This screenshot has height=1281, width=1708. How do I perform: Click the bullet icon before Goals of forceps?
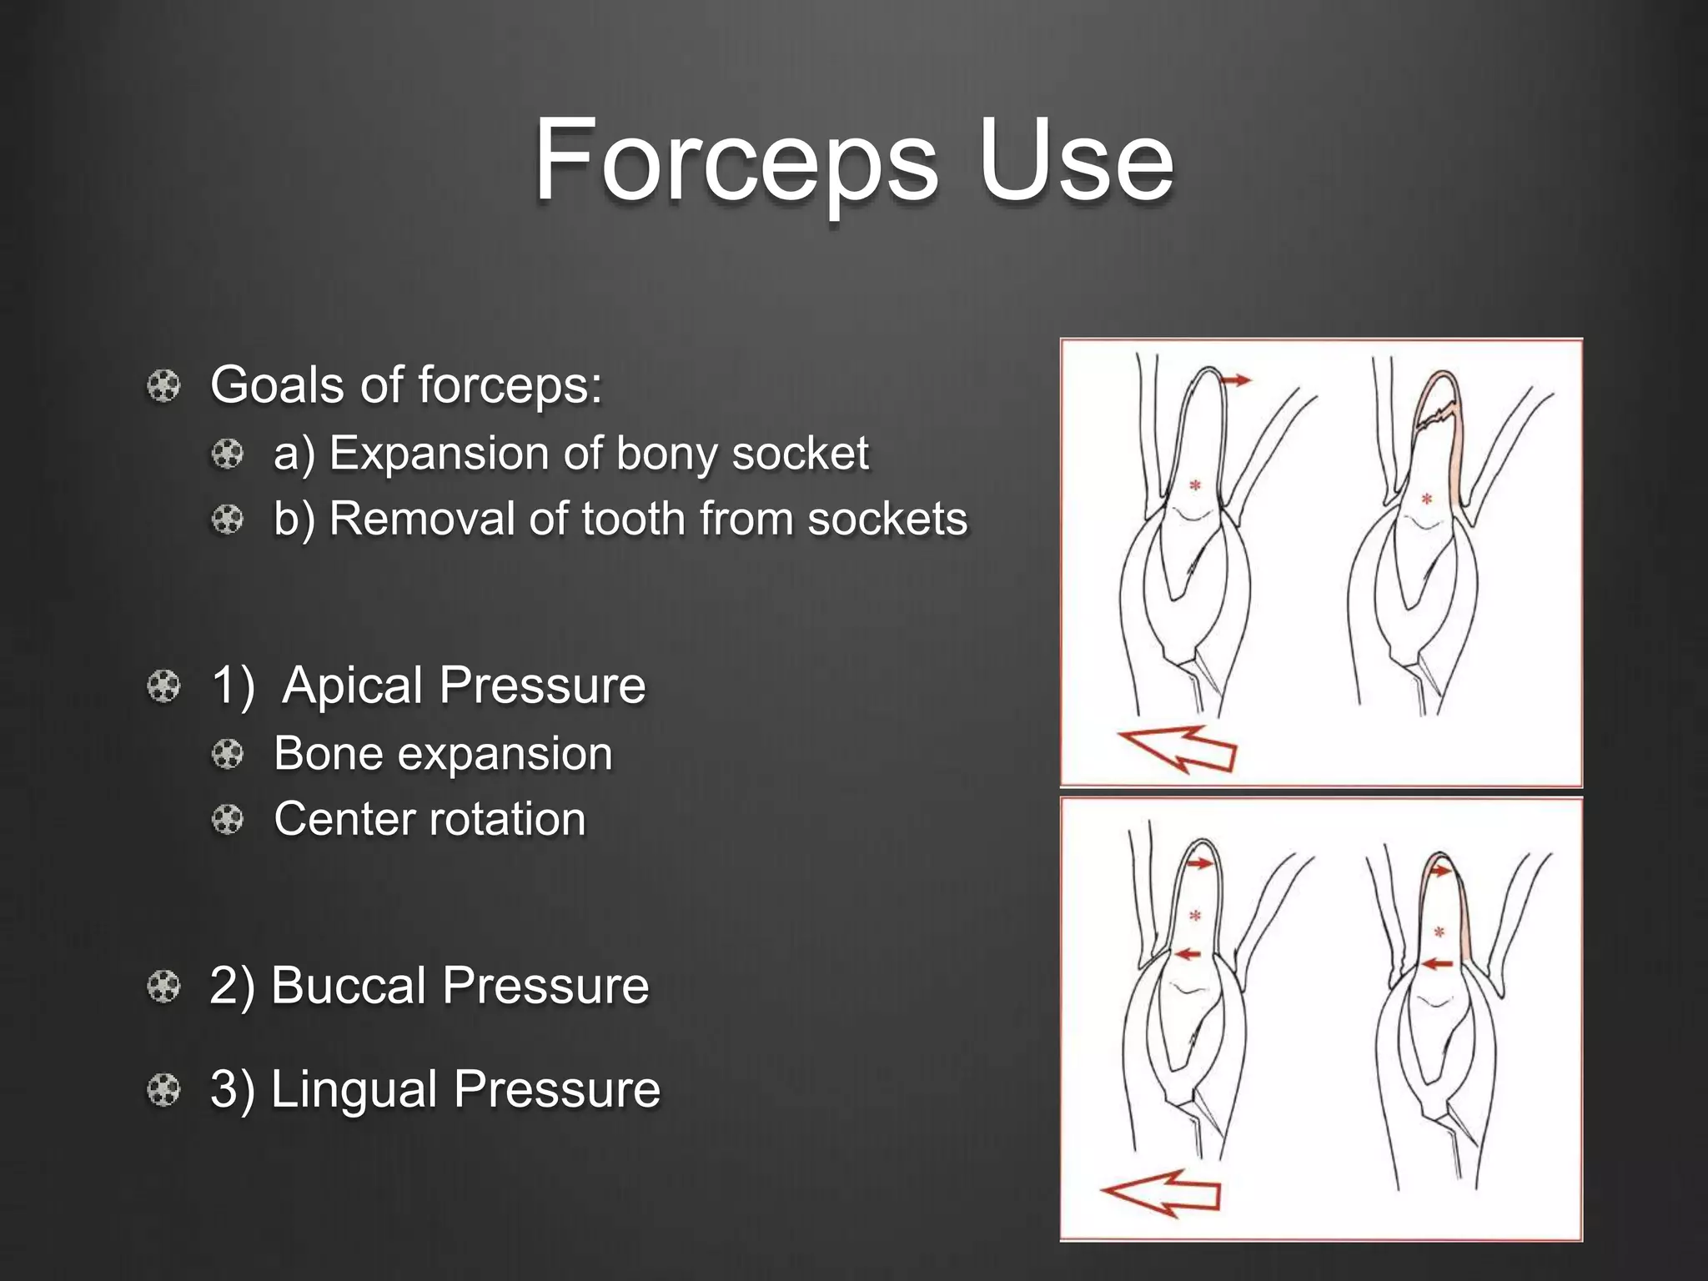[x=163, y=386]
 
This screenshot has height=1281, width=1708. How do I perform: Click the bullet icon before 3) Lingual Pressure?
[x=163, y=1090]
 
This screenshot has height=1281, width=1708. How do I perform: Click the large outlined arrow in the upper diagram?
[x=1177, y=748]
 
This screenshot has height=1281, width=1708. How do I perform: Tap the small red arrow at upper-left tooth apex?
[x=1235, y=380]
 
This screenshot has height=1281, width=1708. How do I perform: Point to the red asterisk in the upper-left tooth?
[x=1195, y=485]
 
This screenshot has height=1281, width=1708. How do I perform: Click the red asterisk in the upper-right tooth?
[x=1427, y=499]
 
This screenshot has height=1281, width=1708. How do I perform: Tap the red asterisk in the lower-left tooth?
[x=1195, y=916]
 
